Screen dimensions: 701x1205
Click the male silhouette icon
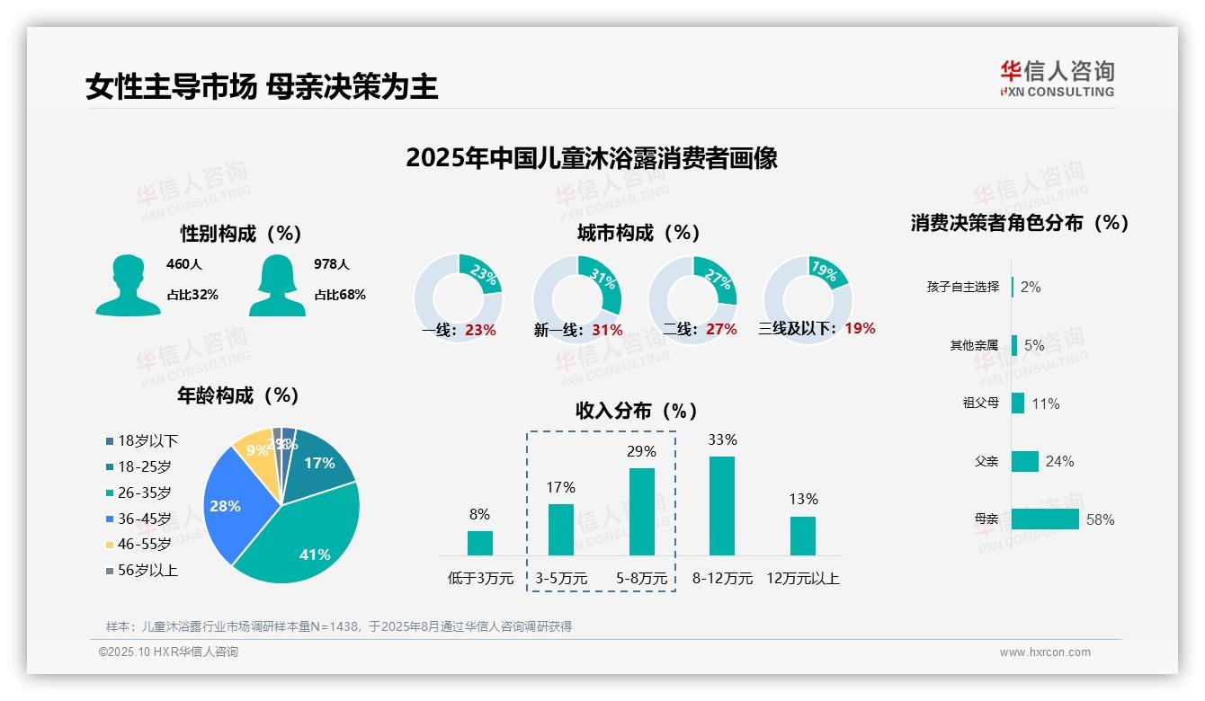(x=128, y=285)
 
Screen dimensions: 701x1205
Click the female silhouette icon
(x=277, y=285)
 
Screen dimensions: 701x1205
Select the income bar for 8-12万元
(x=722, y=506)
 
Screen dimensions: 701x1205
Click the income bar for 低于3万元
(x=480, y=543)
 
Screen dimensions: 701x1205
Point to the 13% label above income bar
(x=803, y=499)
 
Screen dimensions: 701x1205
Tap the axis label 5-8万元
(x=642, y=579)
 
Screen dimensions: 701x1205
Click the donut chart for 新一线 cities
(x=577, y=299)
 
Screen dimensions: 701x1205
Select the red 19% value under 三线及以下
(x=860, y=328)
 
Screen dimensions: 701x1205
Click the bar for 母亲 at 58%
(x=1045, y=519)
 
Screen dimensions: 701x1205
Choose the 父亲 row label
(x=986, y=461)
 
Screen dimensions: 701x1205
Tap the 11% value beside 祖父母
(x=1045, y=404)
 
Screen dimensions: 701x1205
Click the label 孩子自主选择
(x=962, y=287)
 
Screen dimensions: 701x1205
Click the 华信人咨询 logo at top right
(x=1057, y=78)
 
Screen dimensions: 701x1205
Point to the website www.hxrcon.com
(x=1045, y=652)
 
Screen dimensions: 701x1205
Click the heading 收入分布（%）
(x=638, y=411)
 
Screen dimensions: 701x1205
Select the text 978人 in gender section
(x=332, y=264)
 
